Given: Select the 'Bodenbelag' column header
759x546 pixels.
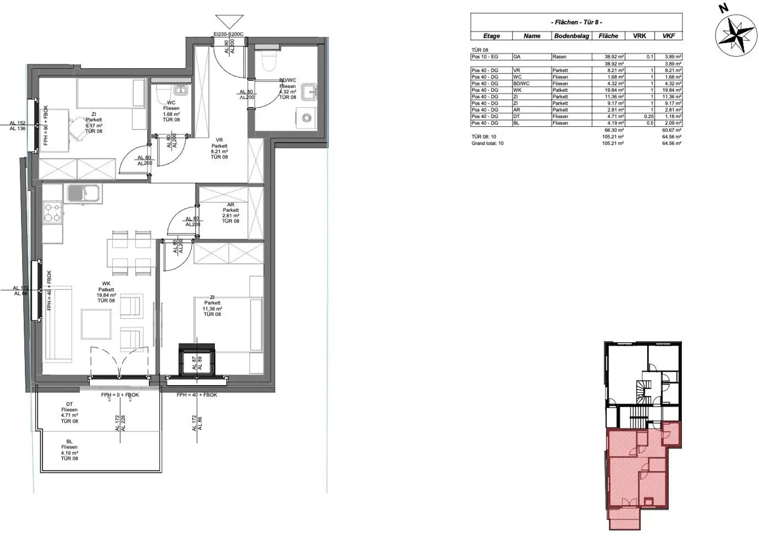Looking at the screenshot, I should point(571,36).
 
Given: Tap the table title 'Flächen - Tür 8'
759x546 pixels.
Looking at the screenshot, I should point(576,22).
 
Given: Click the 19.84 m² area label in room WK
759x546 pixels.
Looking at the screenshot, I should point(106,295).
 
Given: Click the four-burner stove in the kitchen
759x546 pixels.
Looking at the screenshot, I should point(52,212).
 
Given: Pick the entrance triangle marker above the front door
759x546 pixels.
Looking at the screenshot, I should point(229,22).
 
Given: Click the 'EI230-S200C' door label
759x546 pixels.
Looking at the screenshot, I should point(228,35).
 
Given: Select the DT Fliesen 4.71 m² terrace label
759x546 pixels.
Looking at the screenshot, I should point(69,413).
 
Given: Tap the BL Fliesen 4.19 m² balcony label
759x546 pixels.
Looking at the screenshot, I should point(69,450).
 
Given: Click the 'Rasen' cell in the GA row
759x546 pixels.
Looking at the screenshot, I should point(559,57).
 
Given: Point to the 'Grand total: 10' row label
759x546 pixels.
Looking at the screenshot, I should point(488,143).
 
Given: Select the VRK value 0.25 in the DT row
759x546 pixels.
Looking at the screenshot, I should point(649,117).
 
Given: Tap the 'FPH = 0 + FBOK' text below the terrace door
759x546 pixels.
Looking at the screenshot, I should point(120,395).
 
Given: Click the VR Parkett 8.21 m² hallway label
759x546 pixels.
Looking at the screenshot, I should point(219,149).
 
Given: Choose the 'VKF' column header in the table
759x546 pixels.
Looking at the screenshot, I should point(669,36).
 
